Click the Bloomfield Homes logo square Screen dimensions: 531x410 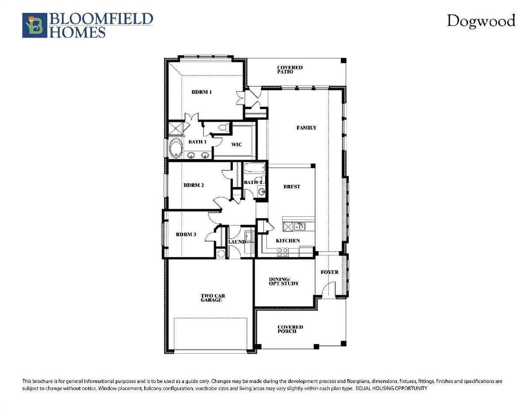tap(35, 25)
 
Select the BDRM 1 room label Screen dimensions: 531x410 tap(201, 92)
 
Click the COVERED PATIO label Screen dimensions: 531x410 tap(290, 69)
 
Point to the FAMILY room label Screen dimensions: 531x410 tap(306, 128)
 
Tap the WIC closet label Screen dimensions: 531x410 tap(236, 145)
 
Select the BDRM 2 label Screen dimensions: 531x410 tap(193, 185)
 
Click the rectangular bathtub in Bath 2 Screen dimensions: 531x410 tap(254, 169)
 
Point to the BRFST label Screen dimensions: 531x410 tap(292, 187)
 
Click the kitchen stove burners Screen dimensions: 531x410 tap(282, 252)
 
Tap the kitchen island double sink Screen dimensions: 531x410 tap(299, 227)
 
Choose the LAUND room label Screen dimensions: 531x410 tap(237, 242)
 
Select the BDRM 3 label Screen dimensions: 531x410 tap(186, 234)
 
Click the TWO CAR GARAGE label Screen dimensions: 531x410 tap(212, 298)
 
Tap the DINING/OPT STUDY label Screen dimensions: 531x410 tap(284, 281)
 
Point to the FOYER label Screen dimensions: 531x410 tap(329, 272)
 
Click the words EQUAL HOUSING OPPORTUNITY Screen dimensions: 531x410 tap(391, 388)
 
